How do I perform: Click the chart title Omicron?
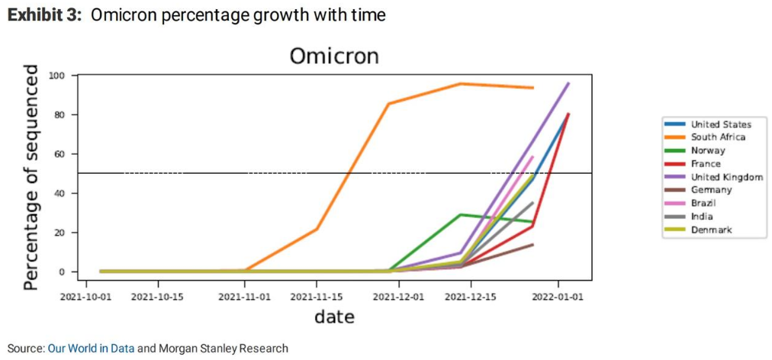click(333, 56)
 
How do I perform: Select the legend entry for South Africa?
click(718, 137)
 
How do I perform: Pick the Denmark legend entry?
click(711, 230)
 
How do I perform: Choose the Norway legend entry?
click(708, 150)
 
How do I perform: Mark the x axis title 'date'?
click(333, 317)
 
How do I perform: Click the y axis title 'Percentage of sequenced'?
click(31, 177)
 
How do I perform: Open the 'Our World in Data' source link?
click(91, 349)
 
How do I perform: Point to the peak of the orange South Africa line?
click(460, 84)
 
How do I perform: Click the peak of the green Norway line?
click(460, 214)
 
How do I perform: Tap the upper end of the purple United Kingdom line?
click(568, 83)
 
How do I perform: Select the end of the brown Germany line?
click(532, 245)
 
